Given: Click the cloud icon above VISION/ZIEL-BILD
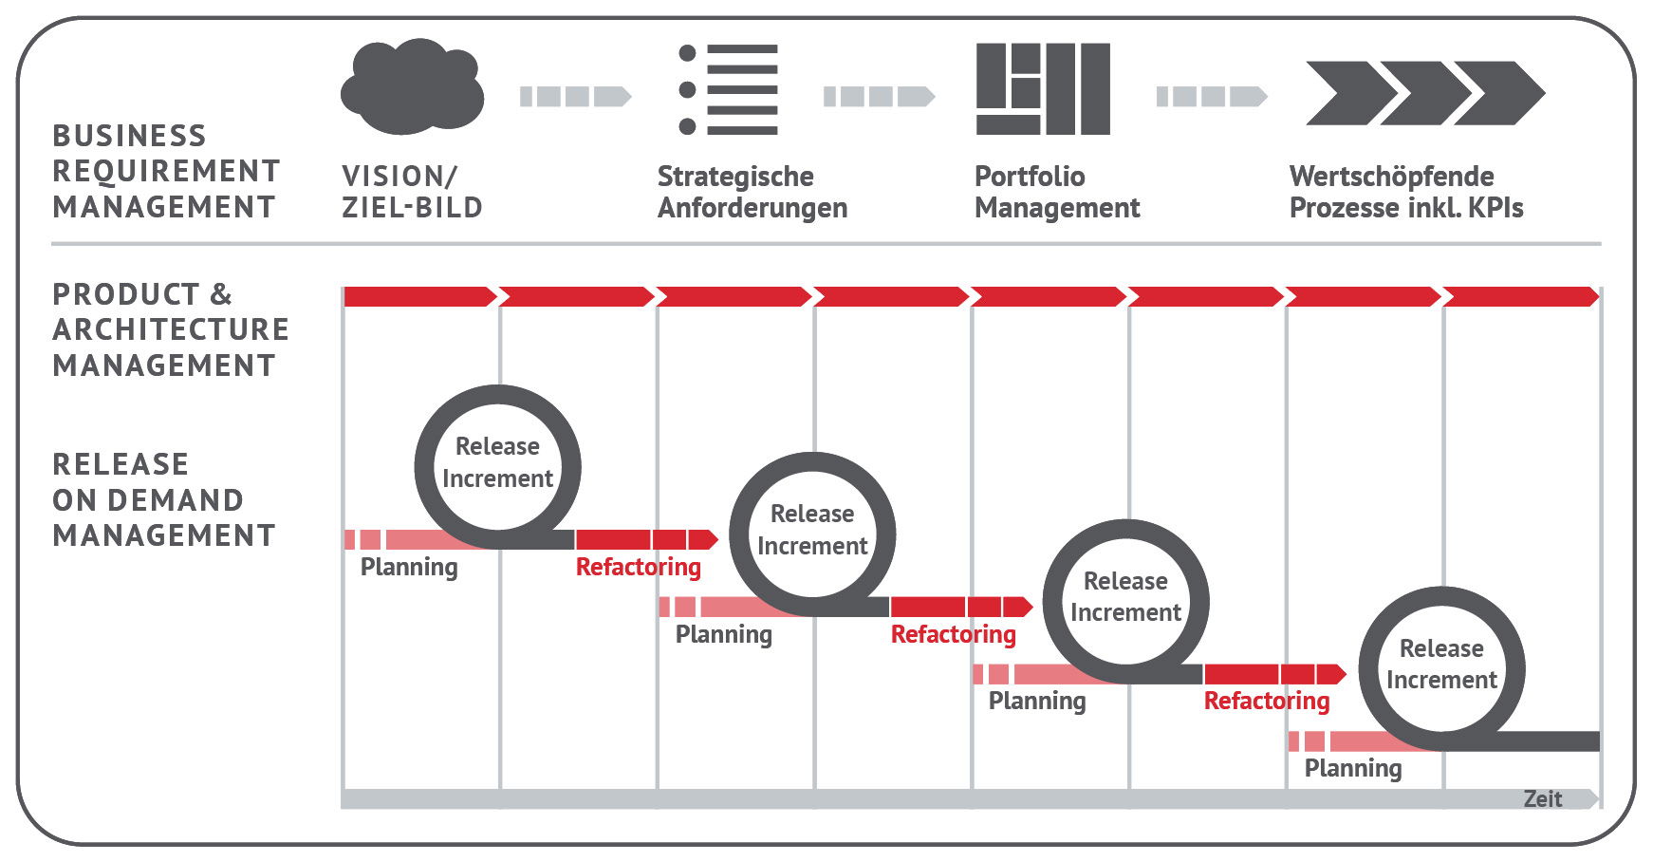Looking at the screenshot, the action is (412, 86).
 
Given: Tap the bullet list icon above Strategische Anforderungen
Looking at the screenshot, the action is (729, 89).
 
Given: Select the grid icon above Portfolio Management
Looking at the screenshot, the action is (1043, 89).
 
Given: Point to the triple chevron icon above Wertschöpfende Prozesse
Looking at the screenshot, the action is (1425, 93).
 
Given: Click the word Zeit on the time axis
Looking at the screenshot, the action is (1542, 799).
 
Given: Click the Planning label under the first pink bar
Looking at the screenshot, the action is (409, 568).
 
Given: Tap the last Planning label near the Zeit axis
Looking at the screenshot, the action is (1353, 768).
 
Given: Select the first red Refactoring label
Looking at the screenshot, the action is (639, 567).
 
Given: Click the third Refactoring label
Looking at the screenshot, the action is (1267, 701).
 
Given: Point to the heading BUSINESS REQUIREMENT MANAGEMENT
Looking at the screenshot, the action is (166, 171).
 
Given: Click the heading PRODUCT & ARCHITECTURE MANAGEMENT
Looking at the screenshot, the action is (171, 329).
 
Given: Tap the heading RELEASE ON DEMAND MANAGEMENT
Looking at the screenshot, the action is (164, 499).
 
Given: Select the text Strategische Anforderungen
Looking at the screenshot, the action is (752, 192).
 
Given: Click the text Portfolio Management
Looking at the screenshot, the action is (1057, 192).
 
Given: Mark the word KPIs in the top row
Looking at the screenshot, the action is (1495, 208).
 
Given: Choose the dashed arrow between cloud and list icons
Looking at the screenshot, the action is (576, 96).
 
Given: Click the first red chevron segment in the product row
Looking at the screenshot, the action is (420, 296).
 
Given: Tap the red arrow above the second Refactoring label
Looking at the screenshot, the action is (961, 607).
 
